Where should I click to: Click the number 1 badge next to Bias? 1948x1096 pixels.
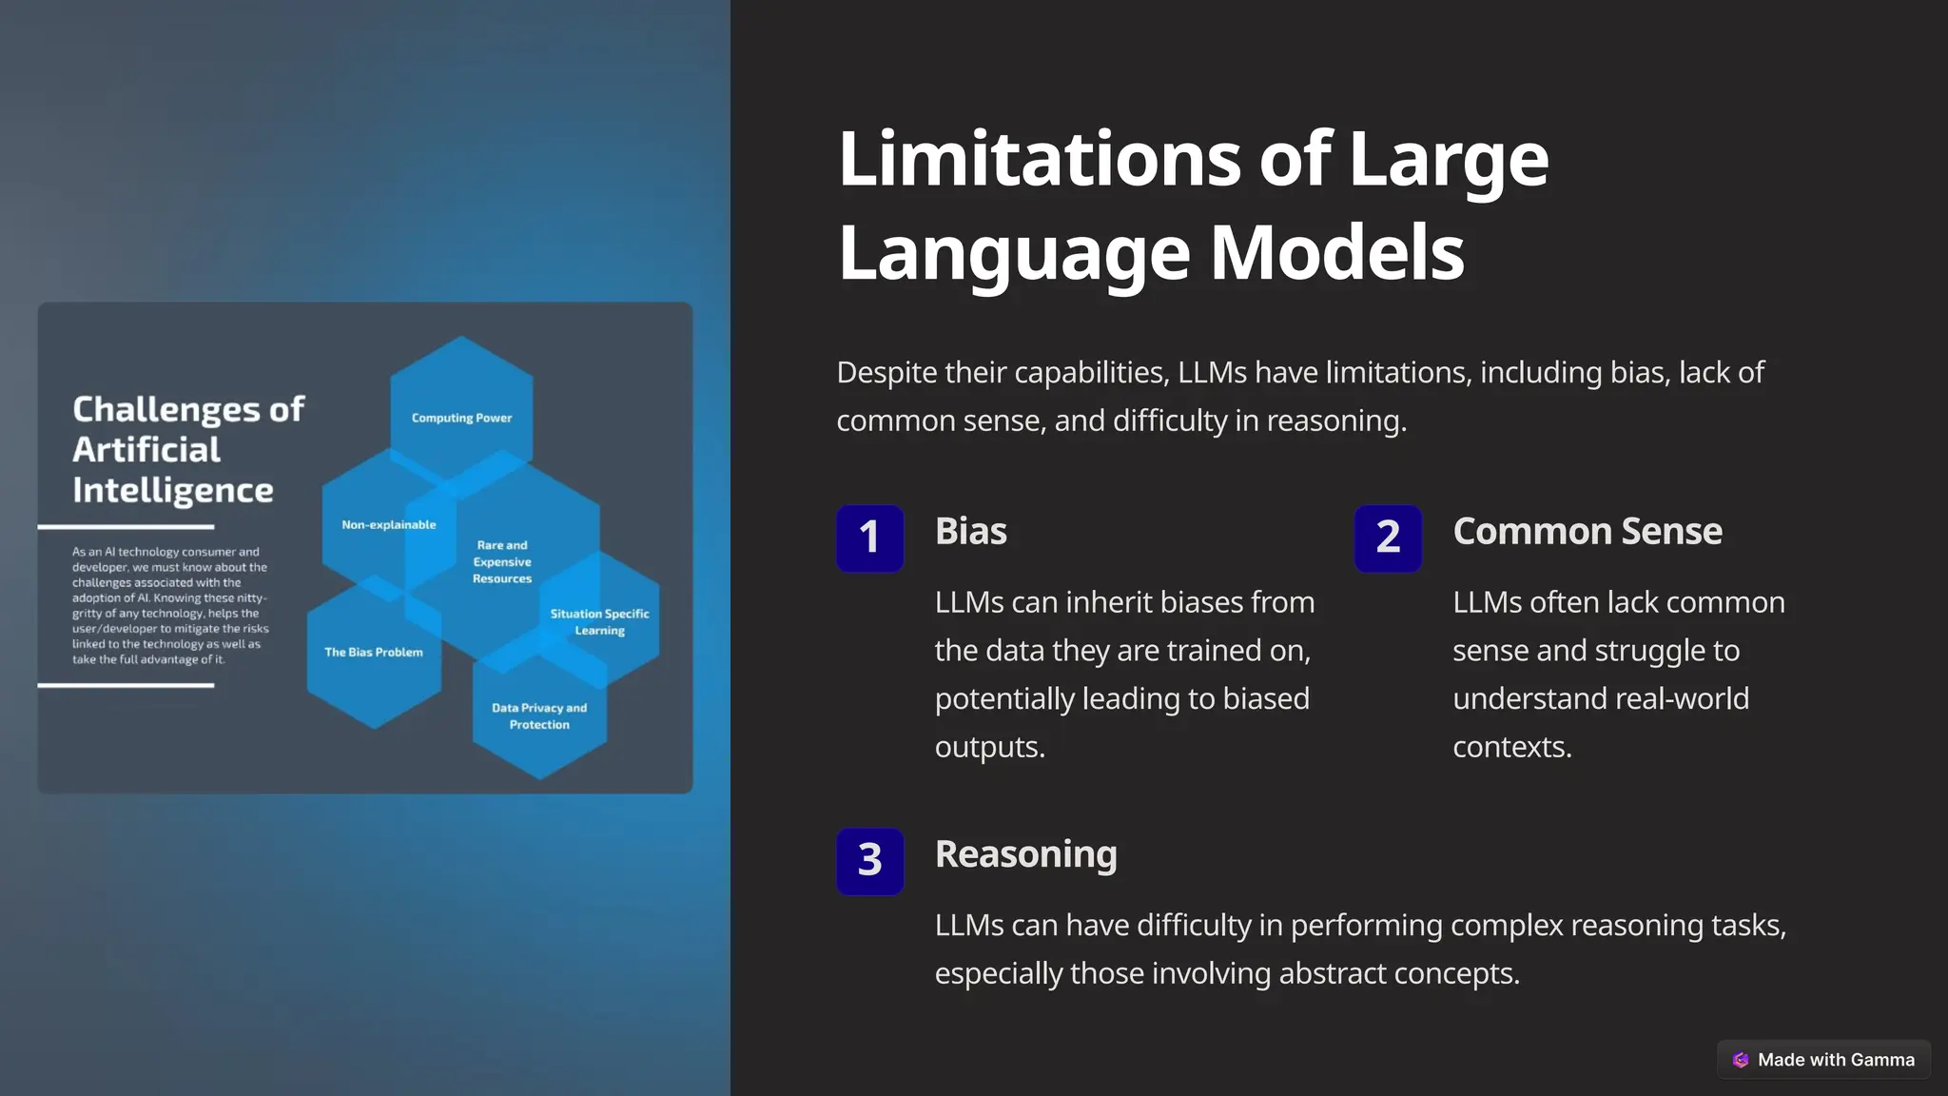(x=869, y=538)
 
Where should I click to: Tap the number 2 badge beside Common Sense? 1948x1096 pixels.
(x=1388, y=538)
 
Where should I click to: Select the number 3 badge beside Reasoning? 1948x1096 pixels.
(x=869, y=861)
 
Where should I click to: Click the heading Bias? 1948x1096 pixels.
(x=970, y=531)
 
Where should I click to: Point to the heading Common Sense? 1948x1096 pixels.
(x=1587, y=531)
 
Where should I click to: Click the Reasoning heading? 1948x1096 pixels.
(x=1025, y=854)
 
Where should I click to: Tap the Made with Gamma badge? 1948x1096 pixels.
(x=1823, y=1059)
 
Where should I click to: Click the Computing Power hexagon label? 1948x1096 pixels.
(x=461, y=418)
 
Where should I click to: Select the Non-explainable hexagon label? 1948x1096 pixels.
(x=388, y=524)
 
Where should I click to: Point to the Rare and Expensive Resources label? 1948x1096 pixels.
(x=502, y=561)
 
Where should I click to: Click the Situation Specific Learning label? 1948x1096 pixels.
(x=599, y=622)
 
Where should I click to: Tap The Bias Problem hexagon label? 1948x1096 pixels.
(x=373, y=652)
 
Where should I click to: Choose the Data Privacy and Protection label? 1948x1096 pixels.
(x=539, y=715)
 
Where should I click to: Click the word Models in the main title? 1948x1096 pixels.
(x=1336, y=253)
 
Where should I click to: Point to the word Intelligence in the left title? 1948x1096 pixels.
(x=173, y=490)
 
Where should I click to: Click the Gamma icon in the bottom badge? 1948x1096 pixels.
(x=1741, y=1060)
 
